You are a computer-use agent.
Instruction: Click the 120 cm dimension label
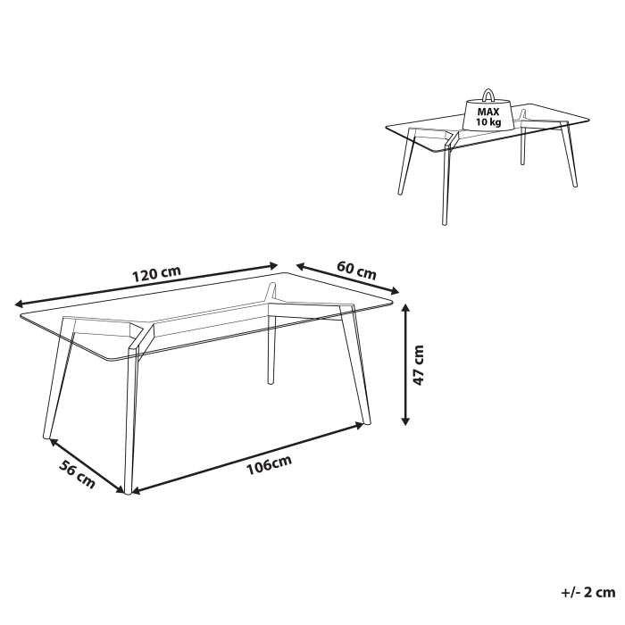(x=157, y=273)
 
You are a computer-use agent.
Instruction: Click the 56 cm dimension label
(x=77, y=473)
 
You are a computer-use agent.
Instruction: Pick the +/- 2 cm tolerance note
(x=587, y=593)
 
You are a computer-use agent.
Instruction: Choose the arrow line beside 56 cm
(x=86, y=465)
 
